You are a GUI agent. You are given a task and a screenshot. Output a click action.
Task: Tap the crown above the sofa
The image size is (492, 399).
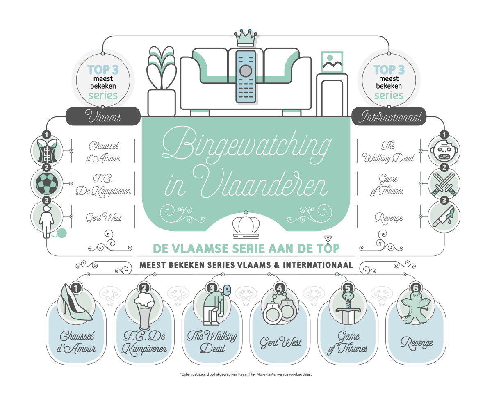[x=246, y=38]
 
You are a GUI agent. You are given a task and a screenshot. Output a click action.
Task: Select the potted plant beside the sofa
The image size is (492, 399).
[x=162, y=81]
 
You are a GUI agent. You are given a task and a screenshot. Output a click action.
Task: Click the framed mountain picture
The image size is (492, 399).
[x=332, y=62]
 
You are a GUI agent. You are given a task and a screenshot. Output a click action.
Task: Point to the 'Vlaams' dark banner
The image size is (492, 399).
[x=103, y=116]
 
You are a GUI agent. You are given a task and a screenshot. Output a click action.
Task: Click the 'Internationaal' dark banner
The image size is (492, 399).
[x=389, y=116]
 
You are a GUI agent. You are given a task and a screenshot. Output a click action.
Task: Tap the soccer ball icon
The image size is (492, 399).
[x=47, y=183]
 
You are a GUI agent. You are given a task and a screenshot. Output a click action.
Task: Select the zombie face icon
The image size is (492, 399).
[x=444, y=150]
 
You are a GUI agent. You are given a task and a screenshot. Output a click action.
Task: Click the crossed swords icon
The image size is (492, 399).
[x=444, y=184]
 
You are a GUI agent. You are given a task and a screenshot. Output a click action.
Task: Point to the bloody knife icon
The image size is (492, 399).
[x=443, y=217]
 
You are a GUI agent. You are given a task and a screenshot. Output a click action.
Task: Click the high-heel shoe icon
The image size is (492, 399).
[x=76, y=302]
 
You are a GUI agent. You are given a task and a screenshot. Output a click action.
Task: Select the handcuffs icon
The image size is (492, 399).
[x=280, y=308]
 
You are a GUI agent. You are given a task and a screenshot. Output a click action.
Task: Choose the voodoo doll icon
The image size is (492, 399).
[x=416, y=308]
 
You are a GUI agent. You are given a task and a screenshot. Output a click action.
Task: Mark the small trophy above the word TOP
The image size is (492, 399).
[x=328, y=239]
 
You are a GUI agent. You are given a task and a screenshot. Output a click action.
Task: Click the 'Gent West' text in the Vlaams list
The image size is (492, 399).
[x=103, y=217]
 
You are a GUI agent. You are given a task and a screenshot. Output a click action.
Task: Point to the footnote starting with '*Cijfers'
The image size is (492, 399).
[x=246, y=374]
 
